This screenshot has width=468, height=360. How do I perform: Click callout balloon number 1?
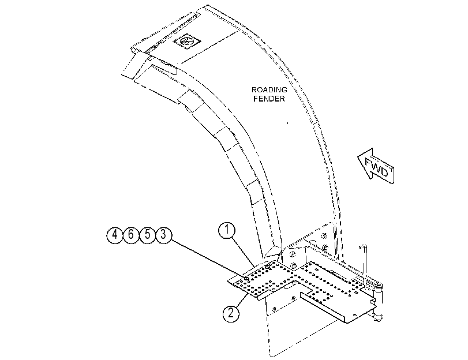click(x=227, y=230)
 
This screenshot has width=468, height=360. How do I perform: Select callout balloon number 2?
click(x=231, y=314)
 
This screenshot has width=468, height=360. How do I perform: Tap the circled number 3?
click(x=163, y=235)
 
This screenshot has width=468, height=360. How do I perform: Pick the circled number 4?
click(x=115, y=235)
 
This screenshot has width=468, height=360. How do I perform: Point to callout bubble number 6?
click(x=131, y=235)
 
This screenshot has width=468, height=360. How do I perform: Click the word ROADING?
click(x=269, y=89)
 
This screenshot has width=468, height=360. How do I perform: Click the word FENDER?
click(x=269, y=99)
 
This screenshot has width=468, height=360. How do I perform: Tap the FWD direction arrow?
click(x=376, y=166)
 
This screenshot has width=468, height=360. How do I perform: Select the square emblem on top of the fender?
click(x=188, y=41)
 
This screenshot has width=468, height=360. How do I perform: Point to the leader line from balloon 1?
click(x=242, y=252)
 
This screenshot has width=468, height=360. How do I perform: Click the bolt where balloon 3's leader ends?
click(x=247, y=279)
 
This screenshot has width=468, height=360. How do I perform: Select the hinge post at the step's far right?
click(x=378, y=302)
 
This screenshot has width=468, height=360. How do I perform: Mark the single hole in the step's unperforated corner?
click(x=354, y=314)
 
